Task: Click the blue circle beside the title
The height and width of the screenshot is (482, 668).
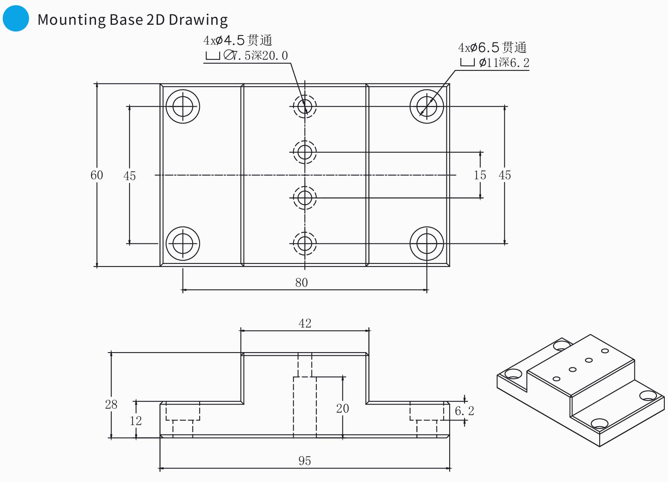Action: pyautogui.click(x=16, y=18)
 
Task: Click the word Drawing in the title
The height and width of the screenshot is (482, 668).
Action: pyautogui.click(x=198, y=20)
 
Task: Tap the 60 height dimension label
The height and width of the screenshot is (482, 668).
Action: pyautogui.click(x=97, y=175)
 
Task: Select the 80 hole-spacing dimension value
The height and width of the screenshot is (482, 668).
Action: pyautogui.click(x=301, y=283)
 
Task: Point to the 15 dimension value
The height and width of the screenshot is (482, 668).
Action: pyautogui.click(x=480, y=175)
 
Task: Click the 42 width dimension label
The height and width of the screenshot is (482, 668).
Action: pyautogui.click(x=305, y=323)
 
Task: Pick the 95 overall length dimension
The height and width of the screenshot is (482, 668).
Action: pyautogui.click(x=304, y=461)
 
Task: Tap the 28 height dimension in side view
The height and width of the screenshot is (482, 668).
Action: pyautogui.click(x=111, y=404)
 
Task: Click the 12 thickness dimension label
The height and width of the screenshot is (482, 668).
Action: pyautogui.click(x=136, y=420)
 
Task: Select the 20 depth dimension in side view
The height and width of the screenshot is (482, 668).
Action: pyautogui.click(x=342, y=408)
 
